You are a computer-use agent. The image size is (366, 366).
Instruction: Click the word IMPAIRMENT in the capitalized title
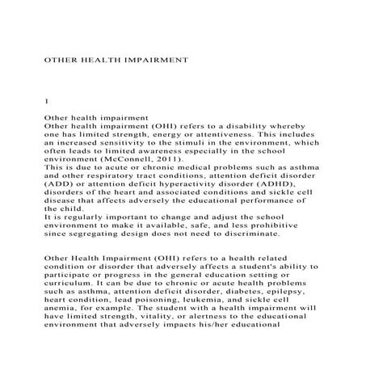coord(154,59)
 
